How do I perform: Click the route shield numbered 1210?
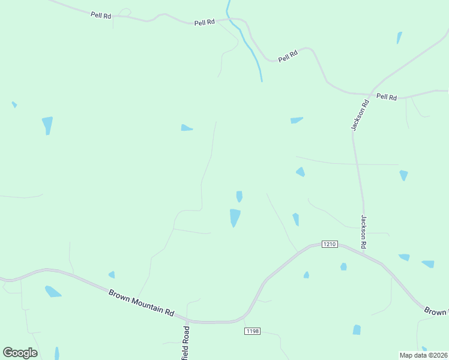tap(330, 244)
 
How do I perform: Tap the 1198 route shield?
tap(253, 331)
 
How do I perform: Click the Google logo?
tap(20, 353)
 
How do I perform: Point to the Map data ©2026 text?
tap(424, 355)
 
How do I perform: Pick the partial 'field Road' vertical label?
tap(186, 343)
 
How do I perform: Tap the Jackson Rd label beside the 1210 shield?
tap(364, 232)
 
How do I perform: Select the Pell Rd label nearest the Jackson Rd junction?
tap(387, 97)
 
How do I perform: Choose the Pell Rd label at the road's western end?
tap(101, 14)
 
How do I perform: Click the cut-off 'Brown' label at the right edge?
tap(436, 311)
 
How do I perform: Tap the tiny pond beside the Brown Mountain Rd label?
tap(112, 275)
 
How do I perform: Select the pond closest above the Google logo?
tap(52, 292)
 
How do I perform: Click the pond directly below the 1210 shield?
tap(343, 266)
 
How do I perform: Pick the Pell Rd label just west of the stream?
tap(205, 23)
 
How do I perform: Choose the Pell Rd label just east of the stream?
tap(288, 57)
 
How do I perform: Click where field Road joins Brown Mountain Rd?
tap(187, 321)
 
